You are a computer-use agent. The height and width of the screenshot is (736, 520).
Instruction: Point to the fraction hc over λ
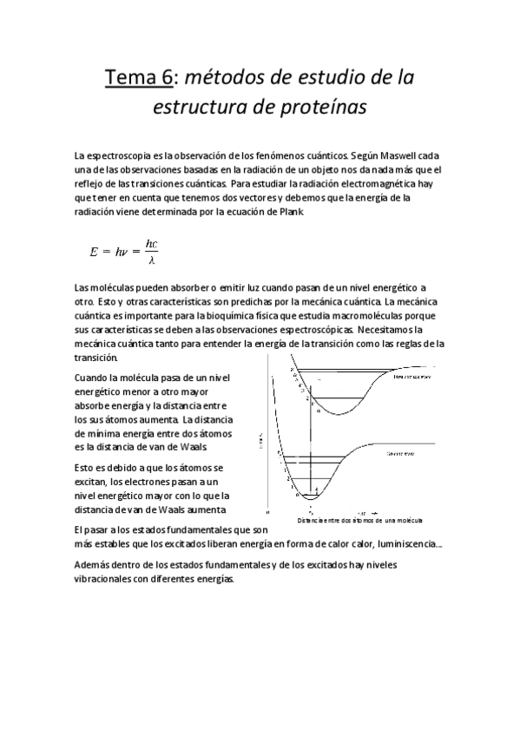[x=152, y=252]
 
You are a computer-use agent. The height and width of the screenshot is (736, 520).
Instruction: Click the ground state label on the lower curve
[x=399, y=453]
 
